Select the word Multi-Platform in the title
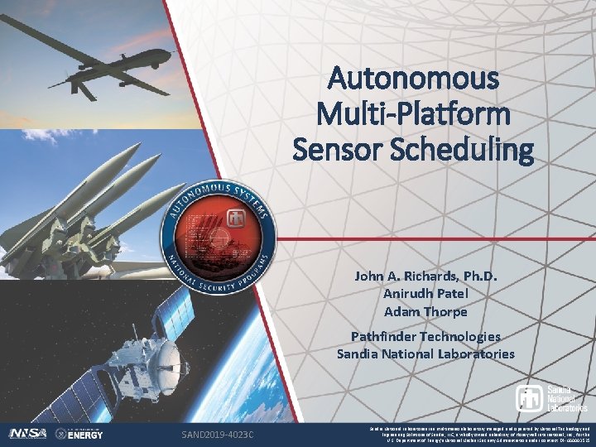414,114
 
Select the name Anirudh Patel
425,294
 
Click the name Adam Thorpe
425,312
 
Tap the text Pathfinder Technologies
425,336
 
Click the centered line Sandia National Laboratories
425,354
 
